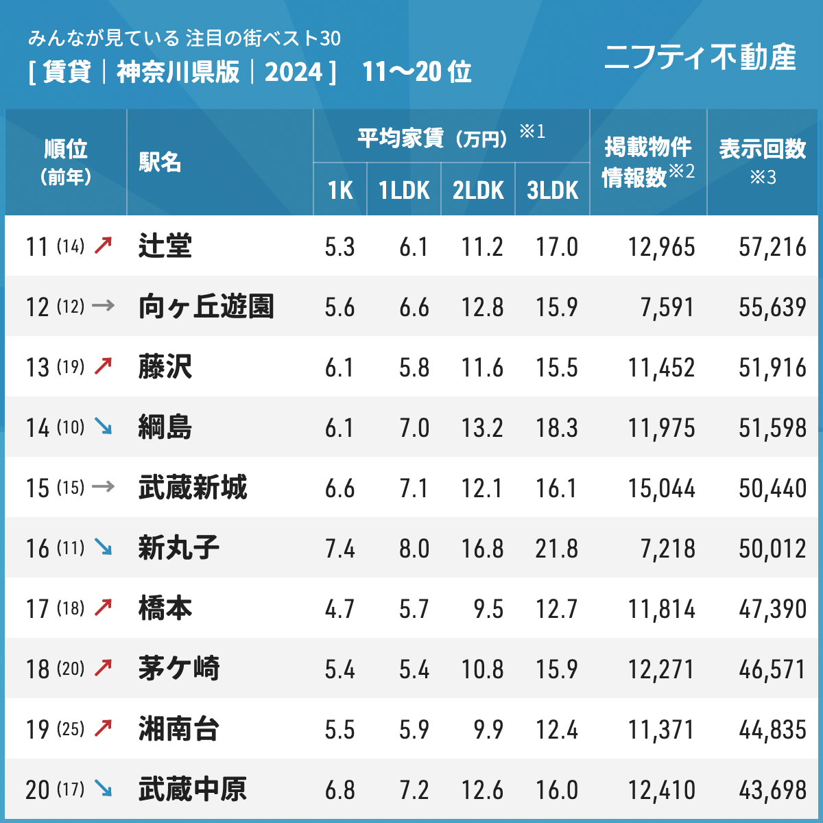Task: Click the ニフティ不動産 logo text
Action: click(700, 57)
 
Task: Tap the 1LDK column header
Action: click(404, 190)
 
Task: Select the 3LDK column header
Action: click(552, 190)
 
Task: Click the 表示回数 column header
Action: click(762, 149)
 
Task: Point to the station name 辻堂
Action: click(165, 246)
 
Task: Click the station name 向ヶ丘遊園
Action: click(206, 306)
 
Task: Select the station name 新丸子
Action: click(178, 547)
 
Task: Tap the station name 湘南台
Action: click(178, 728)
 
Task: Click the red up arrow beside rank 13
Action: click(103, 366)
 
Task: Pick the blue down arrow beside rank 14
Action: click(103, 427)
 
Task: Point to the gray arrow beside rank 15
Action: click(103, 487)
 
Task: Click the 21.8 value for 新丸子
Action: click(556, 549)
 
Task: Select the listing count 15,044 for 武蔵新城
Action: click(661, 488)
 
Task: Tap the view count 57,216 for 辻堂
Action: click(772, 247)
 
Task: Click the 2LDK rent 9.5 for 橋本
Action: click(488, 609)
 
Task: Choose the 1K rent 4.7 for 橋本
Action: click(339, 609)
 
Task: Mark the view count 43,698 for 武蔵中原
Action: click(772, 790)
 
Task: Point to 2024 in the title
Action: click(294, 71)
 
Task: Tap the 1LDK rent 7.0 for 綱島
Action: click(414, 428)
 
